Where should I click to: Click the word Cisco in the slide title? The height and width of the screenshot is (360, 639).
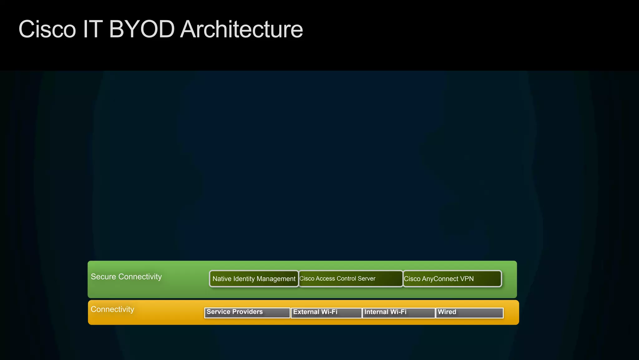pos(47,29)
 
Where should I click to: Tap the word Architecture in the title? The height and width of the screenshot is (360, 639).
pos(241,29)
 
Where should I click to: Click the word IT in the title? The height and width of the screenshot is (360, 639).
pos(92,29)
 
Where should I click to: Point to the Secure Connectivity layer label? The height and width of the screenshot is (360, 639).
pos(126,277)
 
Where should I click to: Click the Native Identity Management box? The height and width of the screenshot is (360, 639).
pos(254,279)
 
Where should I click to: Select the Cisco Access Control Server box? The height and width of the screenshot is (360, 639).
pos(350,279)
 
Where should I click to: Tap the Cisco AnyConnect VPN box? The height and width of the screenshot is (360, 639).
pos(452,279)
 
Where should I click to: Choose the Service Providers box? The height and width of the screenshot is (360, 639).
pos(247,313)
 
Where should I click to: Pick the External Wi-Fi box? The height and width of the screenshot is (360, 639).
pos(326,313)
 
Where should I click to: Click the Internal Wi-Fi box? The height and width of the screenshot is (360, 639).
pos(398,313)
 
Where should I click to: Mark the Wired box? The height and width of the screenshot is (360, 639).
pos(469,313)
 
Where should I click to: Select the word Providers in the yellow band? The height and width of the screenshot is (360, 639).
pos(247,312)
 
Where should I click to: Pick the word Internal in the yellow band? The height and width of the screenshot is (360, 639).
pos(376,312)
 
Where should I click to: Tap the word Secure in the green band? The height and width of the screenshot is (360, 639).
pos(103,277)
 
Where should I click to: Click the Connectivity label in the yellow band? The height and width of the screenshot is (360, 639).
pos(112,309)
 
